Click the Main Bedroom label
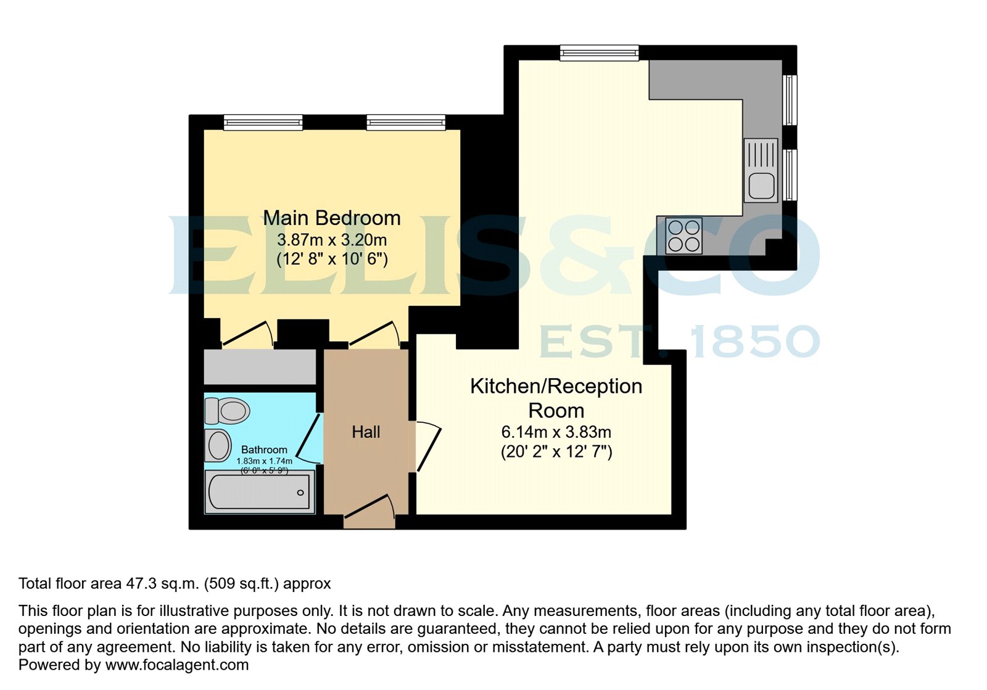pyautogui.click(x=331, y=218)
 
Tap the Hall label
pyautogui.click(x=366, y=432)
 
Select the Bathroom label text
pyautogui.click(x=264, y=450)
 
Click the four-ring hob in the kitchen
pyautogui.click(x=684, y=236)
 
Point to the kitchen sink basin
pyautogui.click(x=762, y=186)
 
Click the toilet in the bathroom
pyautogui.click(x=227, y=410)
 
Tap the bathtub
pyautogui.click(x=260, y=492)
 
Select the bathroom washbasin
pyautogui.click(x=218, y=445)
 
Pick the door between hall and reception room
pyautogui.click(x=427, y=445)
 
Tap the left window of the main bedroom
pyautogui.click(x=263, y=122)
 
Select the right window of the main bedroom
pyautogui.click(x=405, y=122)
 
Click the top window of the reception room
pyautogui.click(x=599, y=53)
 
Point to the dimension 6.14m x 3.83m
pyautogui.click(x=556, y=432)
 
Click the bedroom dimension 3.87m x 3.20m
pyautogui.click(x=331, y=239)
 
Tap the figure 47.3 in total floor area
pyautogui.click(x=139, y=583)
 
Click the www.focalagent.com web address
pyautogui.click(x=177, y=665)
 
